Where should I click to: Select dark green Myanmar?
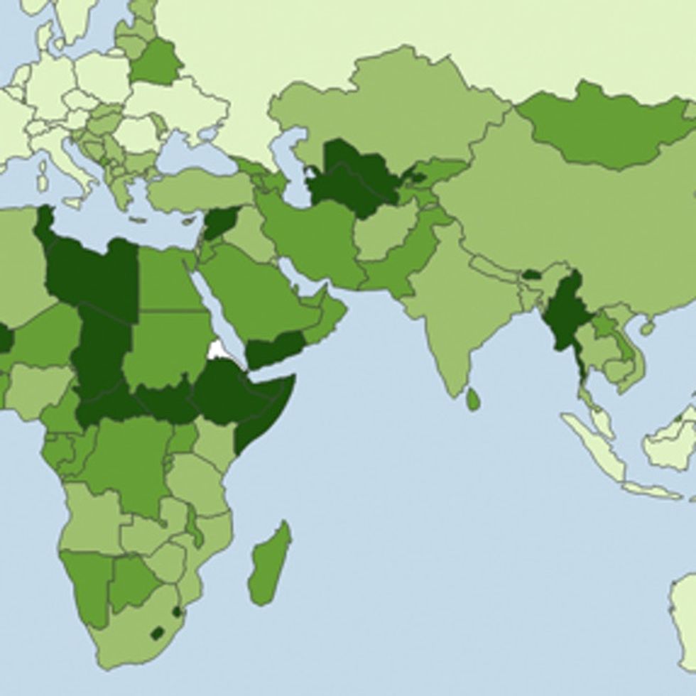pyautogui.click(x=566, y=312)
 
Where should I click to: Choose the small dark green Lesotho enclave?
pyautogui.click(x=157, y=632)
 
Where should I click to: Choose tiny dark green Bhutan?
pyautogui.click(x=531, y=274)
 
